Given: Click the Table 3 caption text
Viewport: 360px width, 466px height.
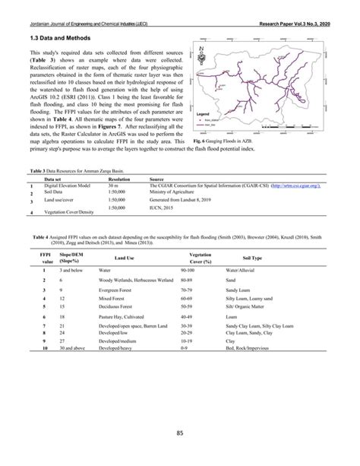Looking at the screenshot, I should point(77,174).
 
